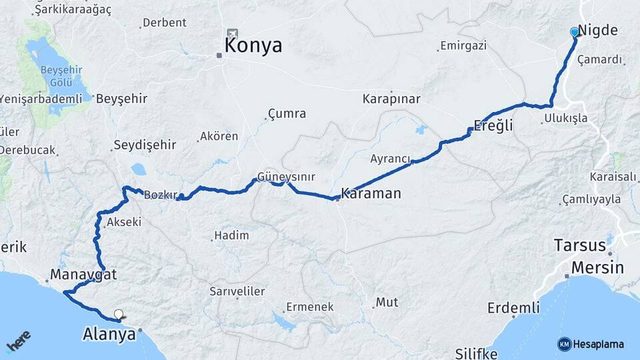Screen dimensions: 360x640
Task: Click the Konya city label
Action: tap(253, 45)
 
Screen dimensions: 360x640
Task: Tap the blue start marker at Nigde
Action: tap(575, 32)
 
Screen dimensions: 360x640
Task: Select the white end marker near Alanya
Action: tap(119, 314)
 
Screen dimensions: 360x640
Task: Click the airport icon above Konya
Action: tap(232, 33)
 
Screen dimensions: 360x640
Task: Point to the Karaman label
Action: tap(371, 193)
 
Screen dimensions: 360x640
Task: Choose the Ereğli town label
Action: tap(493, 125)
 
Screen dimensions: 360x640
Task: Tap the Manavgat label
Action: tap(83, 274)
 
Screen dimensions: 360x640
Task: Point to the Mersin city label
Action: tap(596, 267)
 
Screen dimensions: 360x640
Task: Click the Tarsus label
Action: tap(579, 245)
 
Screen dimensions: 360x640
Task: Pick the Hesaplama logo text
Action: tap(598, 344)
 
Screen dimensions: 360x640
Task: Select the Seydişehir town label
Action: tap(145, 145)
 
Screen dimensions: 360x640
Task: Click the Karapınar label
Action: tap(391, 99)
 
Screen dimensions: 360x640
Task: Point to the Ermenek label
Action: tap(309, 307)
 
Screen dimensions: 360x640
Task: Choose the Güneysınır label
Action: tap(286, 177)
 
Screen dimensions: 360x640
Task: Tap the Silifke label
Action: tap(477, 352)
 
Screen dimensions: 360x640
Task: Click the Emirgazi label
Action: tap(463, 46)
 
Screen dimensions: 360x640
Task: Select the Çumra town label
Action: tap(287, 113)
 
